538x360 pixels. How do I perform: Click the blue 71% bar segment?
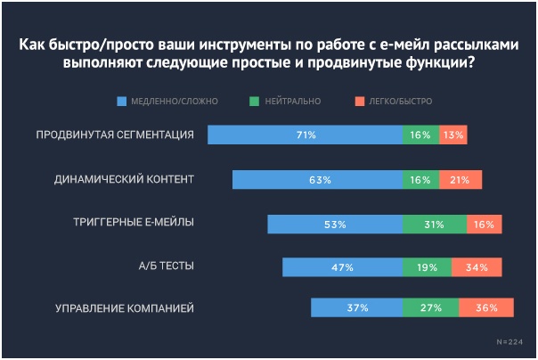[x=305, y=135]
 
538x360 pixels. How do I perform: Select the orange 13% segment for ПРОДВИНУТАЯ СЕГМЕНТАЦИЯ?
[x=452, y=135]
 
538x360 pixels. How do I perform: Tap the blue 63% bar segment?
[x=317, y=179]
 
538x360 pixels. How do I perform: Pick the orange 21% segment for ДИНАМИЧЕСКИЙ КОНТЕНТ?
[x=460, y=179]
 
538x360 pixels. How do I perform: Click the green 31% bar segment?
[x=434, y=224]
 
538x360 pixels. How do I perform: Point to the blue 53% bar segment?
[x=335, y=224]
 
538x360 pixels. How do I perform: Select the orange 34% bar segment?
[x=477, y=266]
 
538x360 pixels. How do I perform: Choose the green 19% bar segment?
[x=426, y=266]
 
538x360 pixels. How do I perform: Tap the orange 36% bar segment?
[x=486, y=308]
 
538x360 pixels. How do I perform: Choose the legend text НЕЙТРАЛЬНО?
[x=291, y=101]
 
